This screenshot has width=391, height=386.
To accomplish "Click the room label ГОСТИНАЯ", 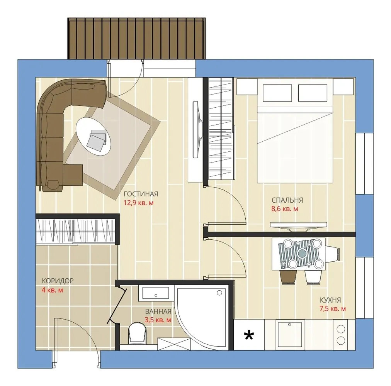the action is point(141,194).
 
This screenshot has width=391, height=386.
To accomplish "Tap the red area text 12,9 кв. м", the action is point(138,203).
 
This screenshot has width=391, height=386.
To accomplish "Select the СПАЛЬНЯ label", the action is point(287,200).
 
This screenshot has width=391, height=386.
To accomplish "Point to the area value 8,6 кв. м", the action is point(284,209).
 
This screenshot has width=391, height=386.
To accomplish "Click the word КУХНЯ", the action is point(330,300).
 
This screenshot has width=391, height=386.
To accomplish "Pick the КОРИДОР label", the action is point(58,281).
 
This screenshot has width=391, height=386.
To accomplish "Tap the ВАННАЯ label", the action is point(158,312).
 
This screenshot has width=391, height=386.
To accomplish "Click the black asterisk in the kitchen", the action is point(249,335).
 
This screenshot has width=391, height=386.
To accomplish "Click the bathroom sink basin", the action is point(156,293).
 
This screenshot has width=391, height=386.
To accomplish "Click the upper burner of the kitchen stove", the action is point(341,329).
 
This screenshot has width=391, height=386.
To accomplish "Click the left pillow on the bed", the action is point(277,93).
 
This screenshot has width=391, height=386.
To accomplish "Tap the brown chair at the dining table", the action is point(289,277).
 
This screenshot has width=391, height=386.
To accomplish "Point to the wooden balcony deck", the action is point(137,38).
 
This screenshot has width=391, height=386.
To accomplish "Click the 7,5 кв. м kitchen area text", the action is point(333,309).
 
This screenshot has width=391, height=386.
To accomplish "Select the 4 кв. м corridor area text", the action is point(53,290).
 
